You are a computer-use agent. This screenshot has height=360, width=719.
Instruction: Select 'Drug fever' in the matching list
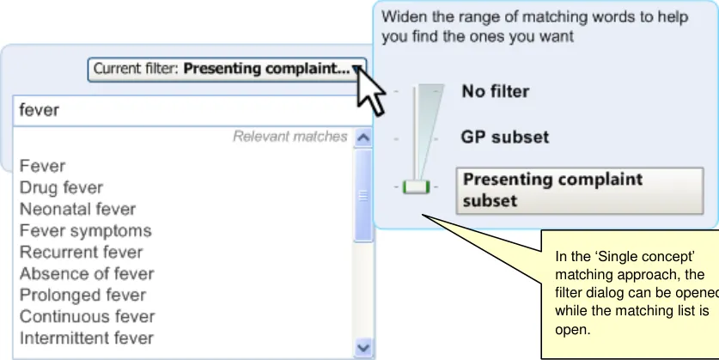61,187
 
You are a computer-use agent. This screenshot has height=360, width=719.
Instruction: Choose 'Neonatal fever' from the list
77,209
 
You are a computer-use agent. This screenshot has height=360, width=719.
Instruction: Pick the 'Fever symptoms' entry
85,230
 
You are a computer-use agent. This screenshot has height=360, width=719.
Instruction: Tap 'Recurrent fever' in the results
81,253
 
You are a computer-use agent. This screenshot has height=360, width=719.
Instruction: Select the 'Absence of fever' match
87,274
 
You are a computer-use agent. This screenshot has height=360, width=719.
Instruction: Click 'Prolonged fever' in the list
82,296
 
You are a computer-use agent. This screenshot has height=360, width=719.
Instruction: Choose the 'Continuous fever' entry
87,317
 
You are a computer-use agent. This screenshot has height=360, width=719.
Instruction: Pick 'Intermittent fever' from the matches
87,339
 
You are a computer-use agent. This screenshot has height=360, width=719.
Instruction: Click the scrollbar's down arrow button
363,348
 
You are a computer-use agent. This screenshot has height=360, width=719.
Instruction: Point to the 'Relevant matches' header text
289,137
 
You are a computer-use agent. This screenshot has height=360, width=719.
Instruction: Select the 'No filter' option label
496,91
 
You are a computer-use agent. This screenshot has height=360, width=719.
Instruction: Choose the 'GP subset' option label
505,137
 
